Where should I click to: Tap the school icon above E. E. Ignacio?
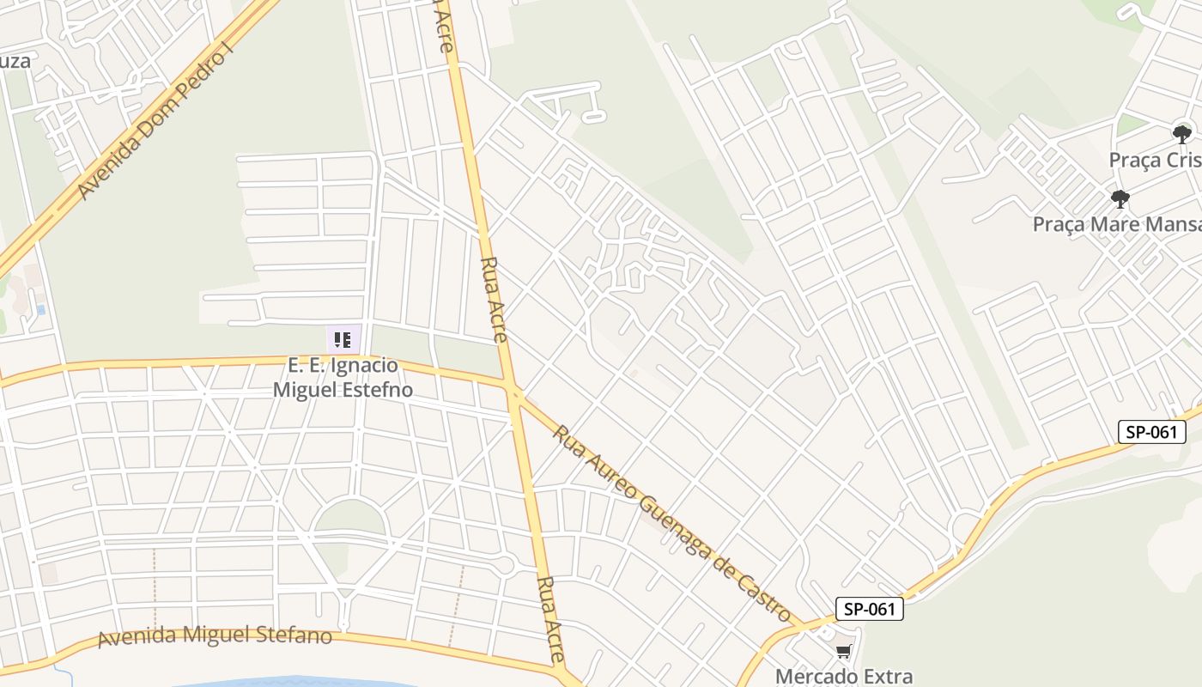[343, 340]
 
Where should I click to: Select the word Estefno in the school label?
[377, 390]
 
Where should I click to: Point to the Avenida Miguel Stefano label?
[215, 636]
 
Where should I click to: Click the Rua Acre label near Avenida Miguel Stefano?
[549, 618]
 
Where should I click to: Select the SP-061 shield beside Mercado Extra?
[870, 610]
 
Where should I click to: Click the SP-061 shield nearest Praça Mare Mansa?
[1151, 432]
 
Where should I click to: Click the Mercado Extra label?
[844, 676]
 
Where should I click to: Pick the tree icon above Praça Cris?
[1182, 134]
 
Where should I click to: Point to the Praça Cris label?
[1155, 161]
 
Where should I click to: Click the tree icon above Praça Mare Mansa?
[1120, 199]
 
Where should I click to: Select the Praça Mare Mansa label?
[1116, 225]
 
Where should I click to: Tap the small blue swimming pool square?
[40, 309]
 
